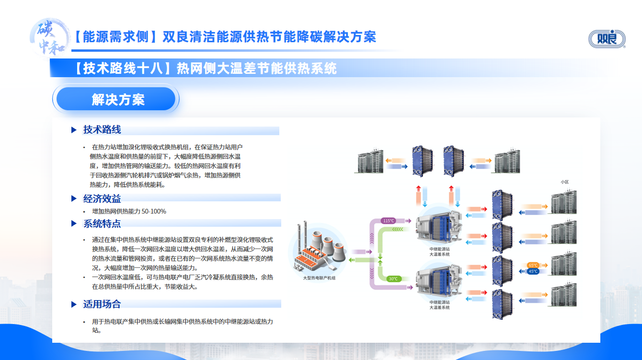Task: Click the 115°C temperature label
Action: [x=389, y=221]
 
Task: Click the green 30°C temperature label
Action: [x=393, y=279]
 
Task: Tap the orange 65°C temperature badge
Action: [x=533, y=265]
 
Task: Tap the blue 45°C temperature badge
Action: [x=533, y=271]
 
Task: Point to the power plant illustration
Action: [x=317, y=249]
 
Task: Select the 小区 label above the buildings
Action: [x=564, y=182]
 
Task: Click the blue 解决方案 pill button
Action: [x=116, y=99]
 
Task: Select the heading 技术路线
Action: [x=102, y=129]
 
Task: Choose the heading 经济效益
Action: [x=102, y=198]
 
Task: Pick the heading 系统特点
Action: [x=102, y=223]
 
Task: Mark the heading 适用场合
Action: [x=102, y=304]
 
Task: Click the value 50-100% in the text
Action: [x=154, y=211]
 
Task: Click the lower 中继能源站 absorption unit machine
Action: [x=439, y=283]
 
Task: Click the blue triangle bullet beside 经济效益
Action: [x=74, y=198]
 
